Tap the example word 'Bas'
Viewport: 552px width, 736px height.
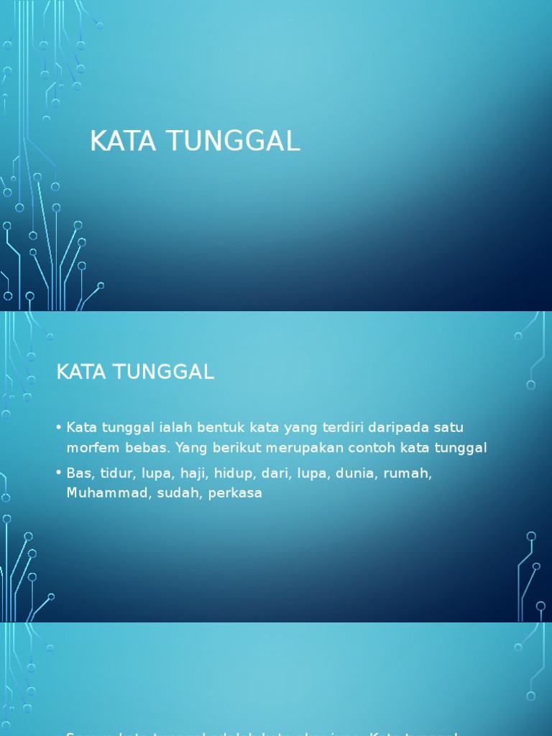tap(77, 474)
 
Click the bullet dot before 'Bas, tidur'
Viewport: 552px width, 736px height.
tap(58, 474)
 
